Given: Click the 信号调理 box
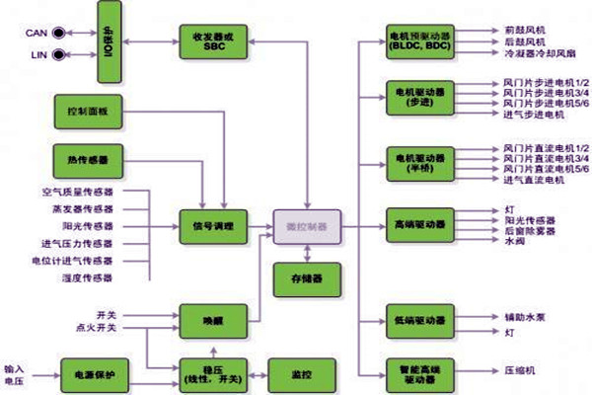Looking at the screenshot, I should coord(206,226).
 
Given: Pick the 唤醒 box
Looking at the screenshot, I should coord(206,321).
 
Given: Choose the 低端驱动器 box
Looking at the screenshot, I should coord(420,321).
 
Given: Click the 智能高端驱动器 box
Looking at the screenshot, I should coord(420,372).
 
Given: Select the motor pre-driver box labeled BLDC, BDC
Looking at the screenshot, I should coord(420,40).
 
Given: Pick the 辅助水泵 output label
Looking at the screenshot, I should coord(525,318).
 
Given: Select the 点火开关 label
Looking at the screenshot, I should coord(97,326).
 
